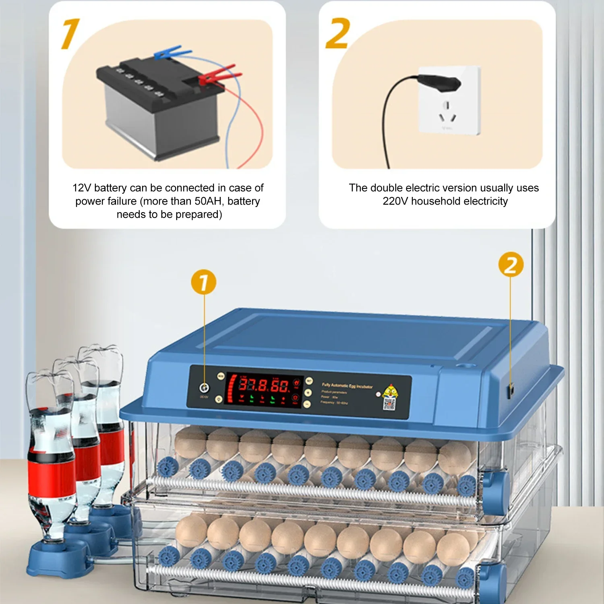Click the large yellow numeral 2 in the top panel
click(x=337, y=34)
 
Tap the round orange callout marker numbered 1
click(x=203, y=282)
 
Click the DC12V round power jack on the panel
click(x=204, y=388)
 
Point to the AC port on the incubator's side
click(x=511, y=390)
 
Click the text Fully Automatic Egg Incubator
click(x=347, y=386)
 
